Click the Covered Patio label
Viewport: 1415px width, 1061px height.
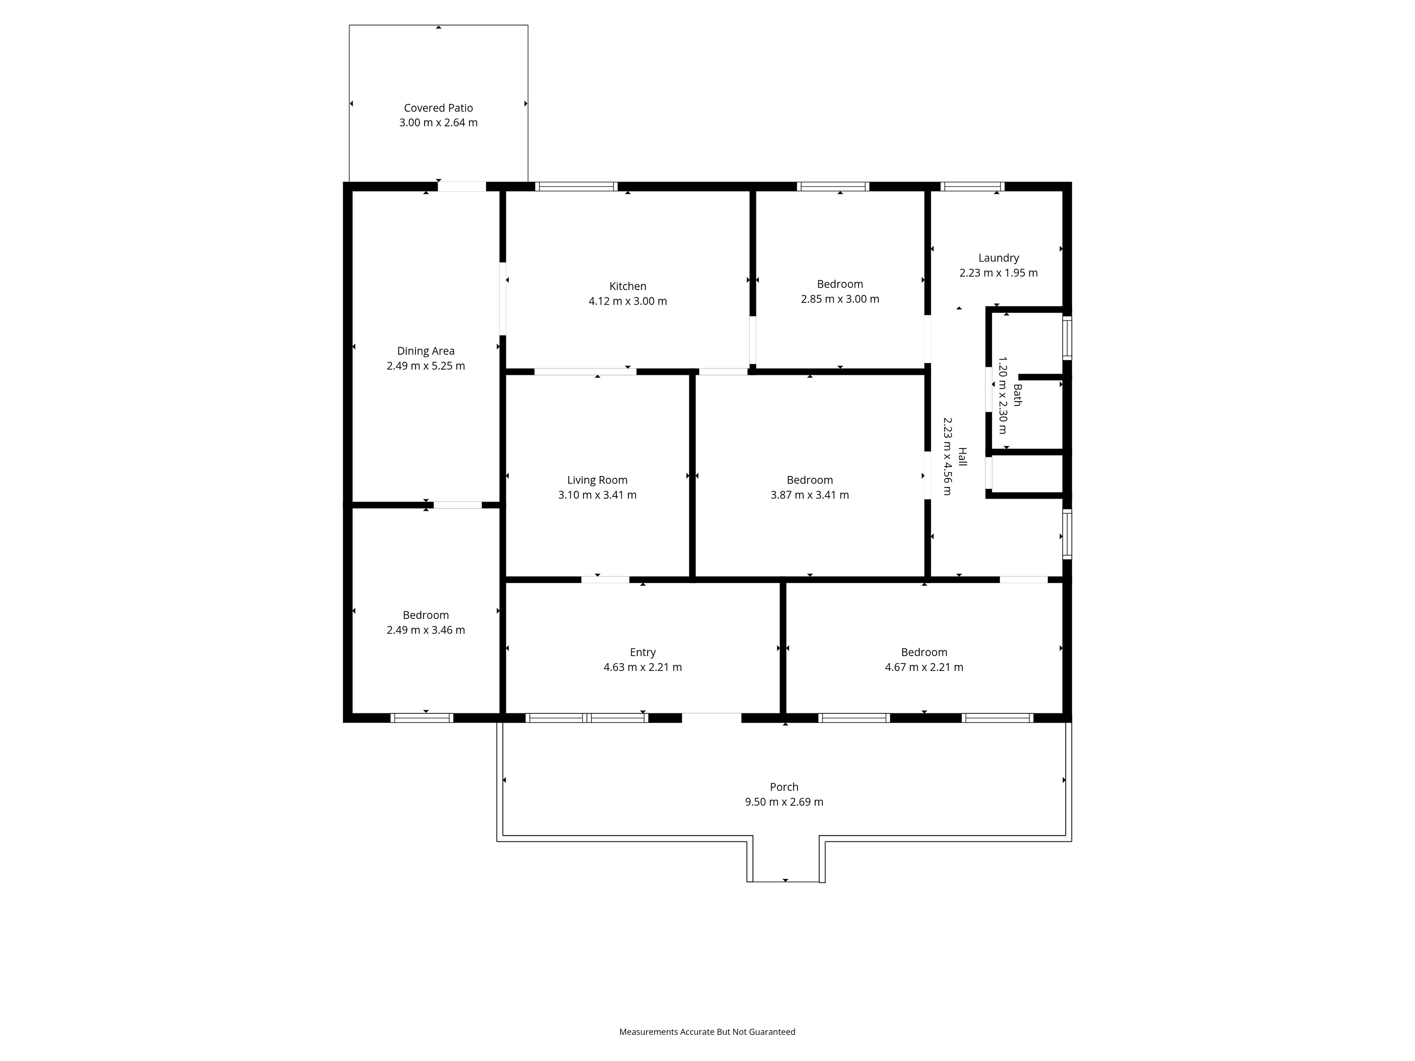click(438, 108)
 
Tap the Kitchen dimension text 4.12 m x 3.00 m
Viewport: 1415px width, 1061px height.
click(628, 301)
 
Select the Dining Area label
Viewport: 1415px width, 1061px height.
click(425, 351)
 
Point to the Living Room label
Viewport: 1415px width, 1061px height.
click(597, 480)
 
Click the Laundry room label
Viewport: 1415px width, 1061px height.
click(998, 258)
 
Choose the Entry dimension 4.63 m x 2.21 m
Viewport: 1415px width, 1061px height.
click(642, 668)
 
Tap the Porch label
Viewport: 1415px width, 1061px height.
click(784, 787)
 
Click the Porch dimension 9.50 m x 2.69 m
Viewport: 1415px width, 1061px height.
click(784, 802)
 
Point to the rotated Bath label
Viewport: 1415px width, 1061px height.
click(1017, 395)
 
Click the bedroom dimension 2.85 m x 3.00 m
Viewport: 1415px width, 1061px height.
click(839, 299)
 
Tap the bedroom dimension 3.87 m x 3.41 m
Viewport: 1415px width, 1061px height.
click(809, 495)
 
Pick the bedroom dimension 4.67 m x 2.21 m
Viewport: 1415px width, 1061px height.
click(924, 668)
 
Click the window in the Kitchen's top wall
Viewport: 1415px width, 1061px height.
click(576, 187)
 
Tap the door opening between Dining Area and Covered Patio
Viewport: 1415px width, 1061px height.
click(461, 187)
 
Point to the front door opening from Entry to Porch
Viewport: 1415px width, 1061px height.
click(711, 718)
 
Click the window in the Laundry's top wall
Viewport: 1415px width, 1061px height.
click(972, 187)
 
